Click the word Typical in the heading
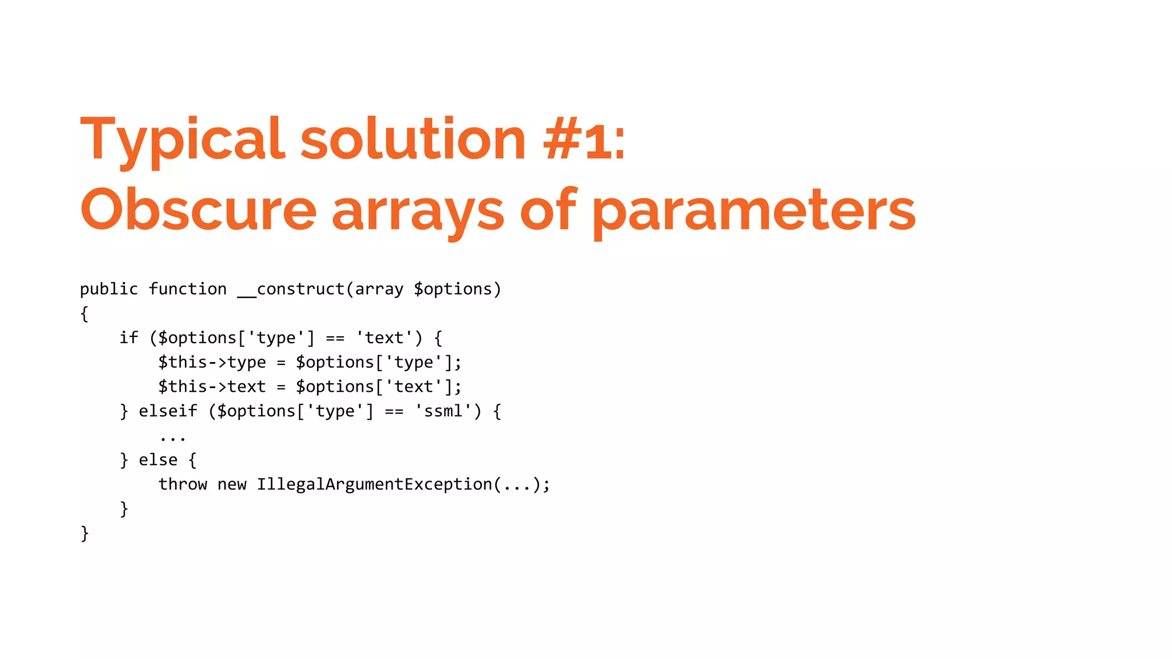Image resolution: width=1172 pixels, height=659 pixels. pyautogui.click(x=182, y=140)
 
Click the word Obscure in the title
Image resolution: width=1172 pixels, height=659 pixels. pyautogui.click(x=198, y=210)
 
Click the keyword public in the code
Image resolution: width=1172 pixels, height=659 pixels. pyautogui.click(x=109, y=289)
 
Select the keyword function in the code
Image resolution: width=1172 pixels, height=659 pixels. pyautogui.click(x=188, y=289)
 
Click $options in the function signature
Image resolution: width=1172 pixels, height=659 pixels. pyautogui.click(x=453, y=289)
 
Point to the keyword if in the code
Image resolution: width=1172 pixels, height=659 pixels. pyautogui.click(x=129, y=338)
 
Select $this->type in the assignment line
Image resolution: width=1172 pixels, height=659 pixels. pyautogui.click(x=212, y=363)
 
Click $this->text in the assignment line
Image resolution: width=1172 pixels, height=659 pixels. pyautogui.click(x=212, y=387)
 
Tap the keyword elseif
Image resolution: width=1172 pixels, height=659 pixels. pyautogui.click(x=168, y=411)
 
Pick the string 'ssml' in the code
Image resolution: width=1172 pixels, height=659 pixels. pyautogui.click(x=443, y=411)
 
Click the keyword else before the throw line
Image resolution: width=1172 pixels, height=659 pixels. pyautogui.click(x=158, y=460)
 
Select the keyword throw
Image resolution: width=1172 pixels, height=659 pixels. pyautogui.click(x=183, y=485)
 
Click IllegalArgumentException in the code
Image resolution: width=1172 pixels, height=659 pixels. pyautogui.click(x=374, y=485)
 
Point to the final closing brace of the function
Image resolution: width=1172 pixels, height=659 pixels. pyautogui.click(x=85, y=533)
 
